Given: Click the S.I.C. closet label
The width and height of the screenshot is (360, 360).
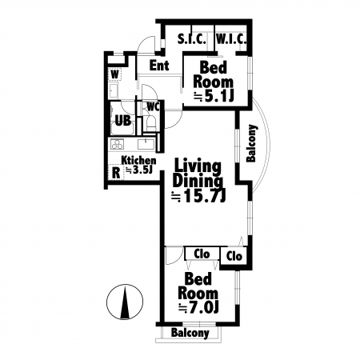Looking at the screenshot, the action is coord(192,39).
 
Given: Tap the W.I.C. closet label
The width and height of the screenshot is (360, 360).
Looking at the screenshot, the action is coord(231,39).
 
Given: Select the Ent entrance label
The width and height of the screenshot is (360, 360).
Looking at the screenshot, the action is coord(159,66).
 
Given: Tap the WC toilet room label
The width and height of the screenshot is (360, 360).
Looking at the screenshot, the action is coord(154,107).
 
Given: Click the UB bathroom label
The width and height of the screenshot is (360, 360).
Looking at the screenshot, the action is coord(123,121).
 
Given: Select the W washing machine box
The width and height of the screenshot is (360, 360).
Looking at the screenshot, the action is coord(114,74).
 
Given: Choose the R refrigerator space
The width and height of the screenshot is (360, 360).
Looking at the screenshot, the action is coord(116,173).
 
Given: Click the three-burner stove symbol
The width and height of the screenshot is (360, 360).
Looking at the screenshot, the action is coord(118,144).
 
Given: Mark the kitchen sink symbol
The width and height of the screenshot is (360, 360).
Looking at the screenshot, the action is coord(146,144).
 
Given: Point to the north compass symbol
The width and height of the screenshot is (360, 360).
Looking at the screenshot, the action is coord(125,302).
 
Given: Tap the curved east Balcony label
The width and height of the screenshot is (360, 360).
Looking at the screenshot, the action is coord(251,143).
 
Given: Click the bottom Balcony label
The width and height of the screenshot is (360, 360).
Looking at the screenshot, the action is coord(190,333).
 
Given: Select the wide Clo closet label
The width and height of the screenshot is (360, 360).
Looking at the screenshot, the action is coord(202,254).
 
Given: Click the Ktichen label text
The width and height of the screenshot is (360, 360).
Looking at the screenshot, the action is coord(138,160).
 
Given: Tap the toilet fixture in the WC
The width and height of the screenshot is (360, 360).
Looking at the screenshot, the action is coord(151,123).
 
